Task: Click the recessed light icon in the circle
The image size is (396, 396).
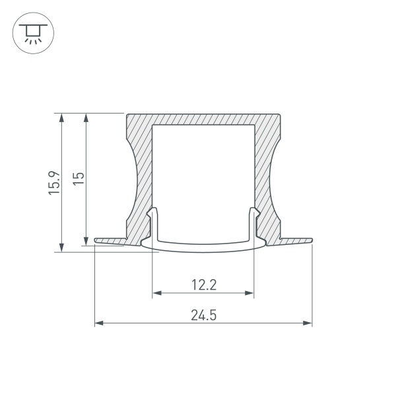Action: [31, 31]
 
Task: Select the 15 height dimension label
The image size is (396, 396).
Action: [79, 180]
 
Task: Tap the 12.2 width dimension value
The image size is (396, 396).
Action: [204, 285]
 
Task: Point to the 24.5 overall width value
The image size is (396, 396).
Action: [204, 315]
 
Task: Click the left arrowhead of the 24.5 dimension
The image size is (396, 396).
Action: [98, 323]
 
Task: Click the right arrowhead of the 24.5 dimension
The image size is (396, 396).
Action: [308, 323]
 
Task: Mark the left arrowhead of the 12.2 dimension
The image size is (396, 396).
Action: [156, 292]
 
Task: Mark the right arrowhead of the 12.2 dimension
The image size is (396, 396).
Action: [250, 292]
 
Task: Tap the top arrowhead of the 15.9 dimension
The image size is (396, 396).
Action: [61, 117]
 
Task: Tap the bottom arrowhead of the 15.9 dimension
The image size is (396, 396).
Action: [61, 247]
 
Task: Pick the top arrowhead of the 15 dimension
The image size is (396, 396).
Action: [85, 117]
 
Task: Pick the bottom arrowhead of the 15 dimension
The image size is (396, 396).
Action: [85, 241]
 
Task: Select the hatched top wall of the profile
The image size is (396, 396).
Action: [203, 118]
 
